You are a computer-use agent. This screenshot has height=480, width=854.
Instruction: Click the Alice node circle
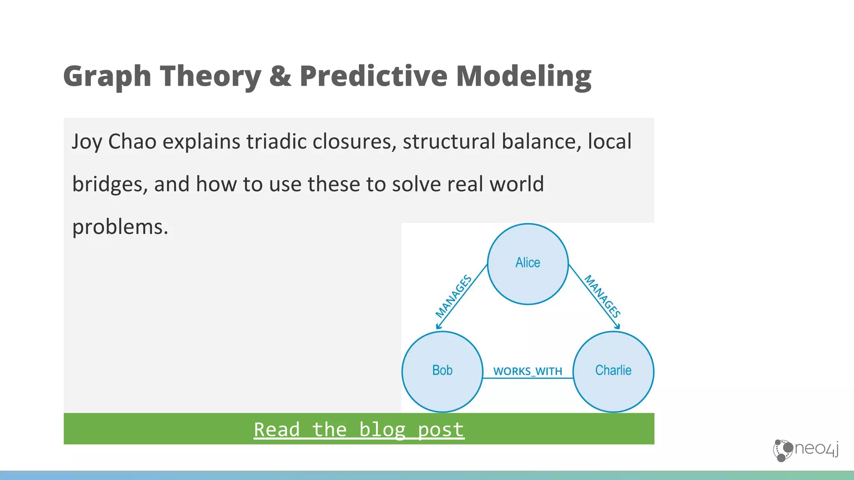tap(527, 264)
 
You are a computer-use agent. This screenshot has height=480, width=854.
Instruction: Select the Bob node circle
tap(442, 371)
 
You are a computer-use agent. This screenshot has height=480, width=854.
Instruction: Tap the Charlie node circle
tap(613, 371)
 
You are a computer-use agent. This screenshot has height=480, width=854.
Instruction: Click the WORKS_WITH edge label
tap(527, 371)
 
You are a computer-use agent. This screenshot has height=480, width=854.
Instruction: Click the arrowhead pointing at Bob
tap(438, 326)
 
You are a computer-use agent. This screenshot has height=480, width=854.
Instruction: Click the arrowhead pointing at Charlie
tap(617, 327)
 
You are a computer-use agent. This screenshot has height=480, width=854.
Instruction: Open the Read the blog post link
tap(359, 430)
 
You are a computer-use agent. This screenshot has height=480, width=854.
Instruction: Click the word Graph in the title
tap(107, 77)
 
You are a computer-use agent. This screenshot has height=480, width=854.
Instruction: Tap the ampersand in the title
tap(280, 76)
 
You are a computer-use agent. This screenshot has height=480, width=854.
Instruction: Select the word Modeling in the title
tap(523, 77)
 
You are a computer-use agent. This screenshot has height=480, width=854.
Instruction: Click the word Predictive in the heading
tap(373, 76)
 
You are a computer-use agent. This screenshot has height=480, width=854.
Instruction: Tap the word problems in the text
tap(120, 227)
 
